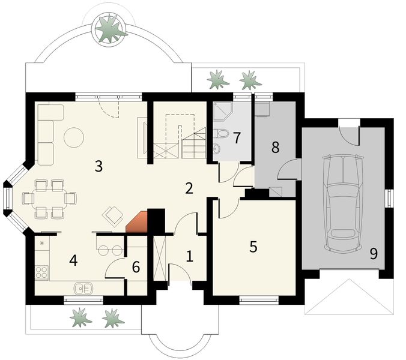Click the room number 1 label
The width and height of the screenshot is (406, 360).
[190, 257]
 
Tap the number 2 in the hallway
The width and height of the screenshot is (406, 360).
[189, 188]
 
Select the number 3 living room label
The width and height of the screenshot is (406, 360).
[98, 166]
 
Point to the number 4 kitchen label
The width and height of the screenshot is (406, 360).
[73, 260]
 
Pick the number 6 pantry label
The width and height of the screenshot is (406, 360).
[136, 267]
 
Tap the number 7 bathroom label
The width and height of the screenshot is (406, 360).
[237, 137]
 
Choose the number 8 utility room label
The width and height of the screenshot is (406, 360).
[275, 148]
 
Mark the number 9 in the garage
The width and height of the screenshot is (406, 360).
[374, 254]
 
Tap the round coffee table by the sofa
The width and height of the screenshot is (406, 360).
[75, 137]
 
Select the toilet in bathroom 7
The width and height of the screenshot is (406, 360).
[220, 133]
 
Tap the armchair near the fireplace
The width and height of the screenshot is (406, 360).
[113, 214]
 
